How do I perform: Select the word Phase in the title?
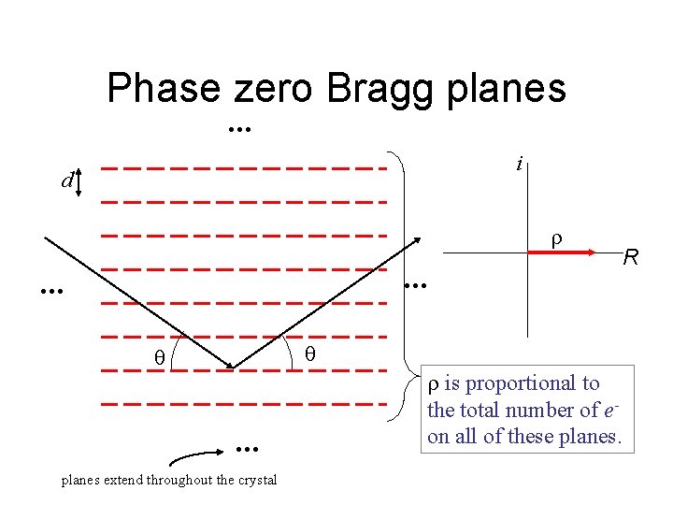coord(163,89)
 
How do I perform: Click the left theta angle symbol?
coord(159,356)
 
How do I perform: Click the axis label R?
coord(631,257)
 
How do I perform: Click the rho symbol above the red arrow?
coord(554,238)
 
